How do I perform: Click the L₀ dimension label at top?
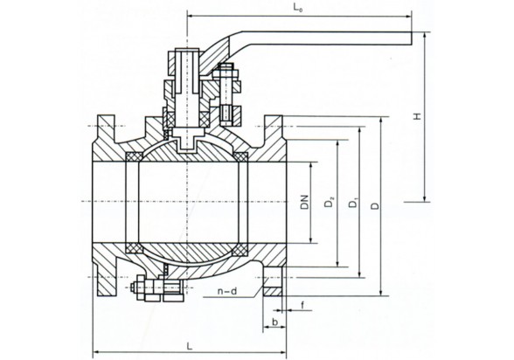point(298,10)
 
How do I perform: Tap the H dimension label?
point(417,116)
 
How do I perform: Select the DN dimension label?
point(304,202)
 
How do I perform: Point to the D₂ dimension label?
point(329,202)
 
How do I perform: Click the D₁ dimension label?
point(353,203)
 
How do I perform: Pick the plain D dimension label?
point(375,205)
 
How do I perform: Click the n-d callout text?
point(227,291)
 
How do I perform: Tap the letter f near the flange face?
point(302,305)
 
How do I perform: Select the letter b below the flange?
point(275,322)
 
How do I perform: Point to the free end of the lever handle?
point(412,38)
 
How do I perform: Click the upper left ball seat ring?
point(134,156)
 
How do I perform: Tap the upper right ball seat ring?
point(240,156)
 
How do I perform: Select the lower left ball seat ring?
point(134,248)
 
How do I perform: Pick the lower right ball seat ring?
point(240,248)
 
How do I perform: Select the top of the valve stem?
point(187,49)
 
